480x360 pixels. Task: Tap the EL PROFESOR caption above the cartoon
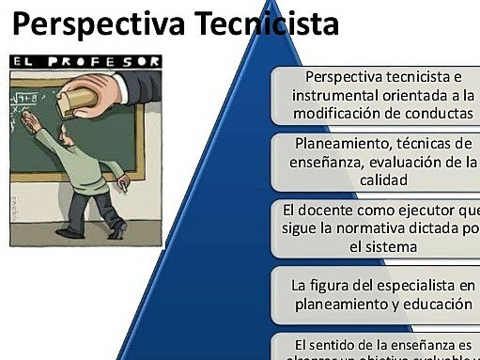(x=85, y=61)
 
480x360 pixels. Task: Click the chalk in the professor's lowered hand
(x=123, y=190)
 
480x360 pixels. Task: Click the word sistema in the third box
(x=394, y=245)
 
